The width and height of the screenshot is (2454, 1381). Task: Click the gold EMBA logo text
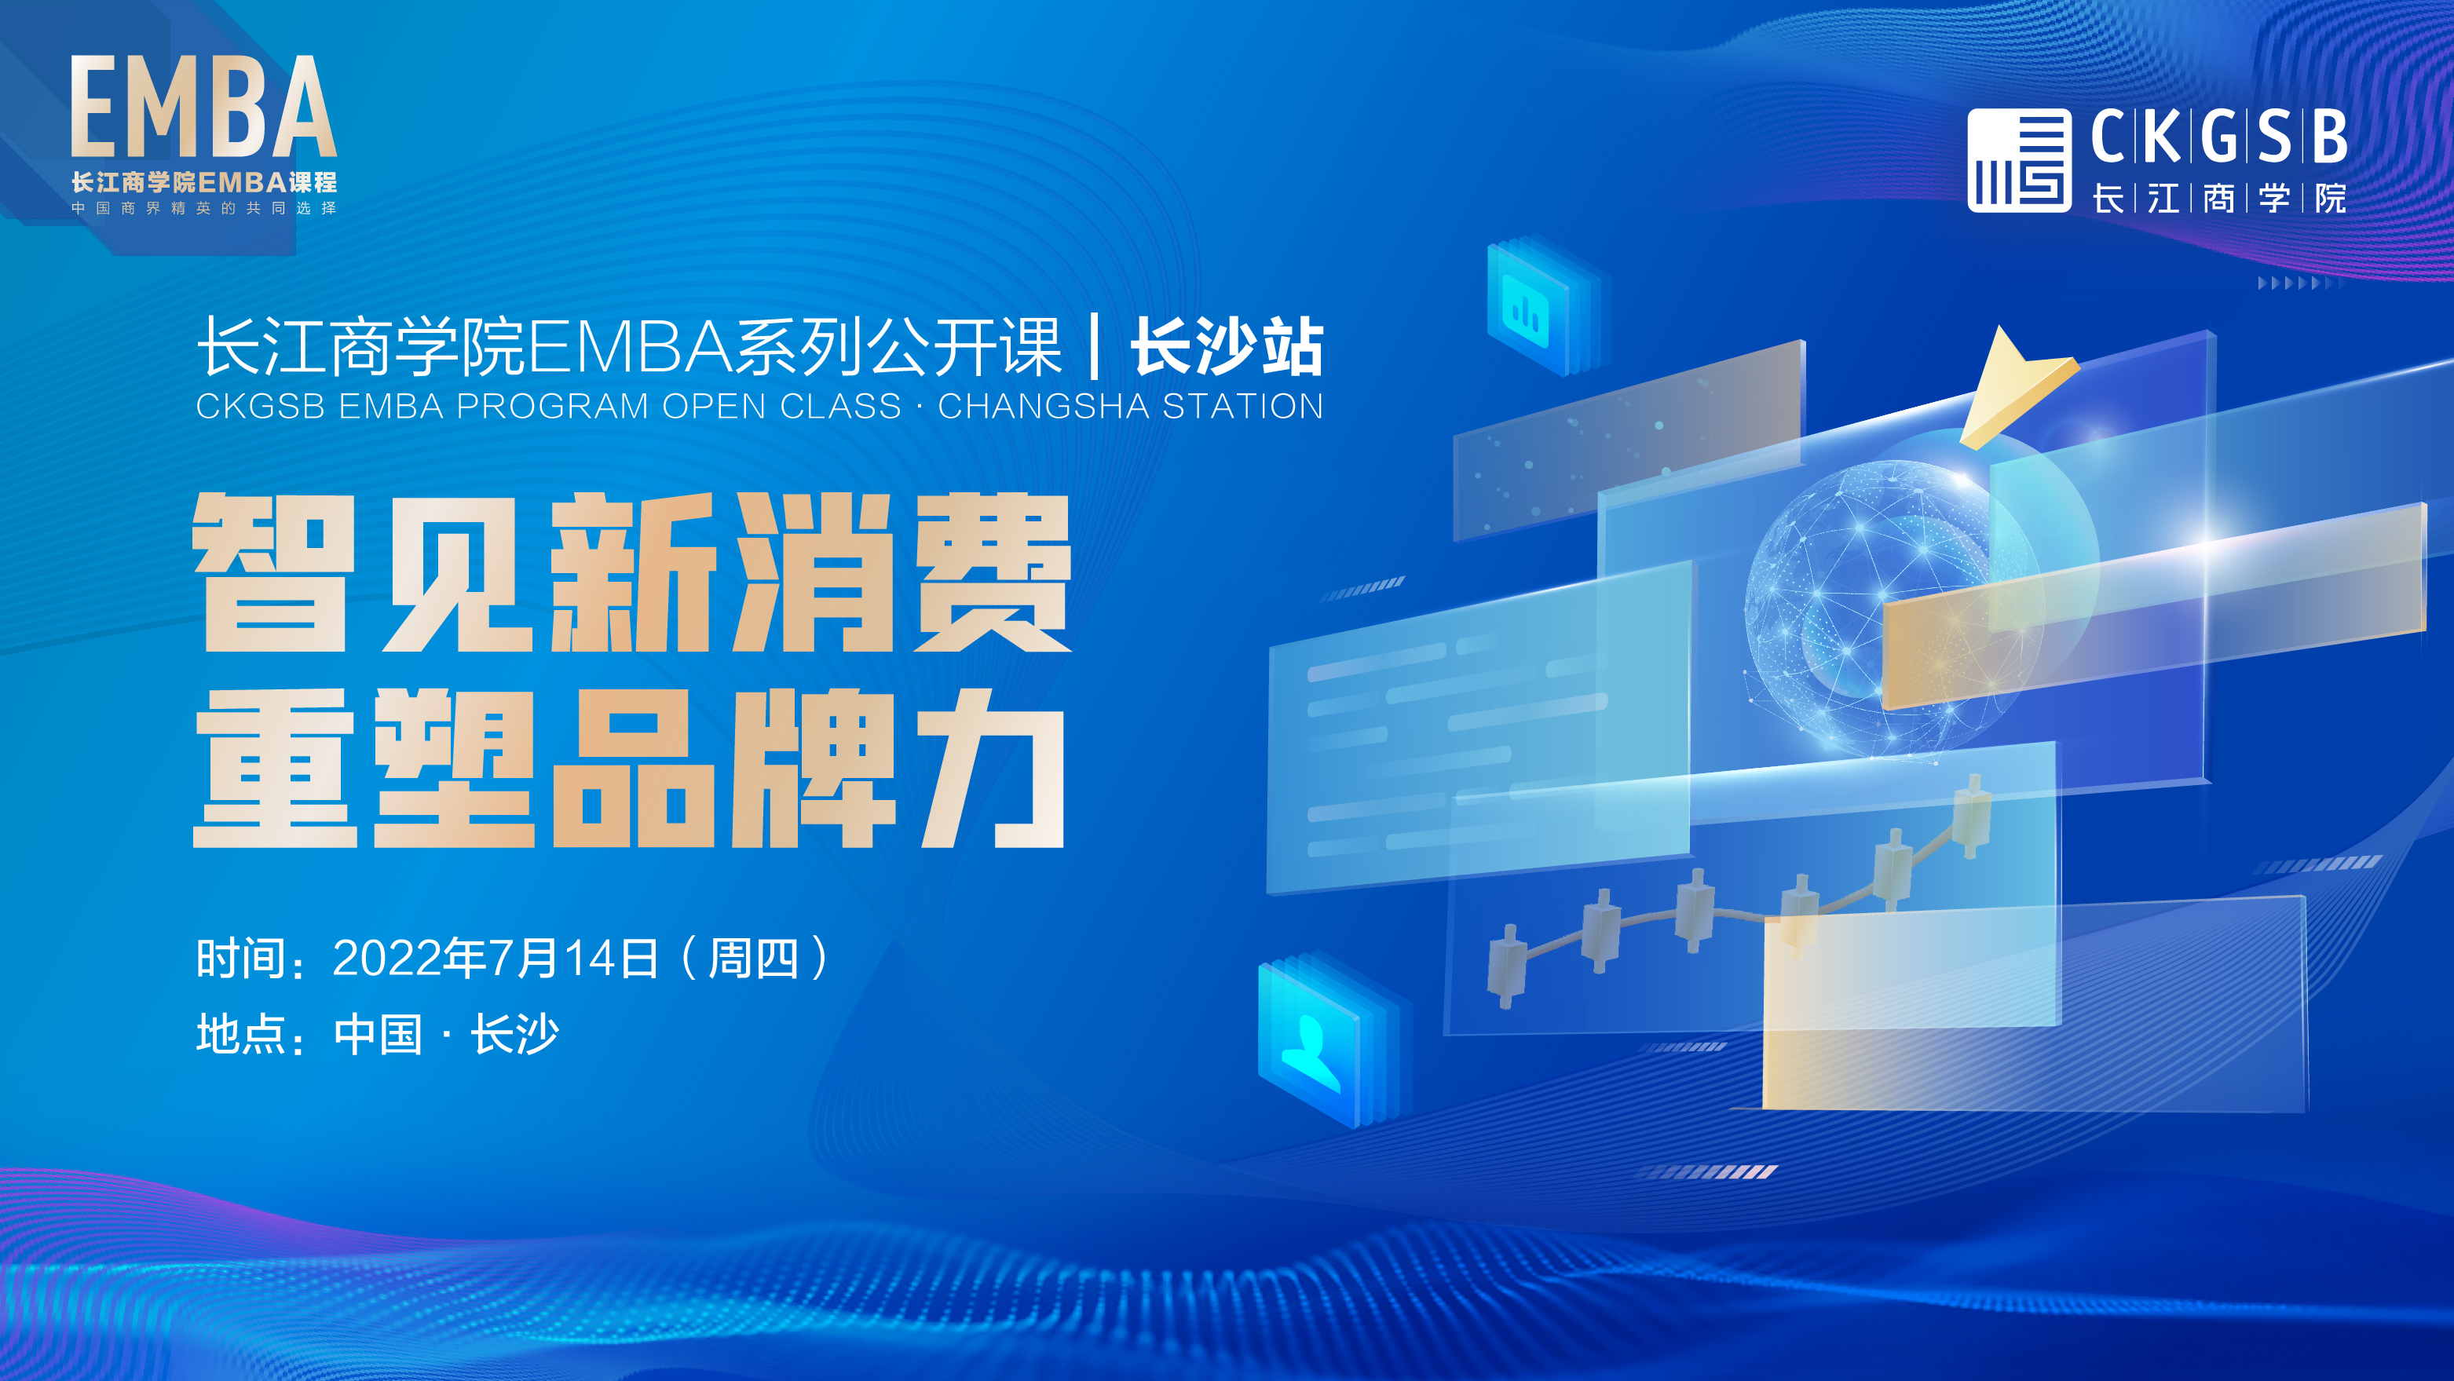coord(203,106)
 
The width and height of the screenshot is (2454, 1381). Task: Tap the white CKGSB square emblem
coord(2020,160)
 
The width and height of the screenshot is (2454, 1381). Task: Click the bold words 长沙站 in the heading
coord(1227,347)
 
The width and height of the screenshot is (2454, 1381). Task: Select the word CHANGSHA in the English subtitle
coord(1043,407)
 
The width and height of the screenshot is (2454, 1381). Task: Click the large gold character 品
coord(631,768)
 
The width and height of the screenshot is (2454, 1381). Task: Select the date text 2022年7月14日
coord(496,958)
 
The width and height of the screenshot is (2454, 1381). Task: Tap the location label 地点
coord(241,1034)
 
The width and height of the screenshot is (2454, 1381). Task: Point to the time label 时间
coord(241,958)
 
